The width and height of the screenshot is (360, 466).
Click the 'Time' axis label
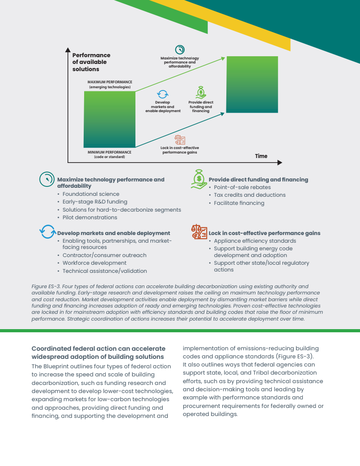(261, 156)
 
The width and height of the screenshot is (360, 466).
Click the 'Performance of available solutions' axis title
(91, 62)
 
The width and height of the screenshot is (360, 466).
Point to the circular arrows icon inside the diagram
(162, 94)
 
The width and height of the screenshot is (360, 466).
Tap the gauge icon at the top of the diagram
(180, 50)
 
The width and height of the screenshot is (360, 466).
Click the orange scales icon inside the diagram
(180, 140)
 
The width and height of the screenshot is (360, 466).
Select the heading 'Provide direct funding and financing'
(258, 180)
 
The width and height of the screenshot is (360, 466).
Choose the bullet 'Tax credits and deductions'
(249, 195)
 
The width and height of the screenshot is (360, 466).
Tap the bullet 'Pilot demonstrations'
(90, 217)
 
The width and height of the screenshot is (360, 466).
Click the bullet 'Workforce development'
(94, 263)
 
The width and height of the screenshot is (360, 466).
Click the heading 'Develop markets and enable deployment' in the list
(113, 233)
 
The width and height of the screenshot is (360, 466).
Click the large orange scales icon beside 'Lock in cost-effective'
(199, 232)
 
